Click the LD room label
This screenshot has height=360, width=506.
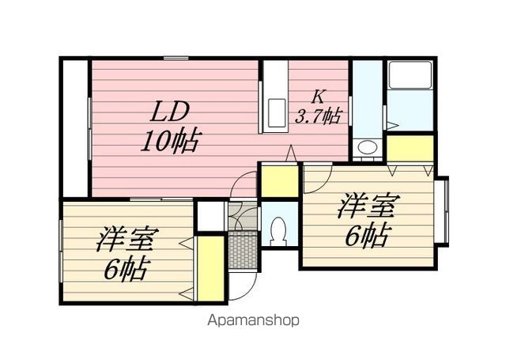tap(169, 112)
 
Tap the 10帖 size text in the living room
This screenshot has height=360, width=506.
tap(169, 142)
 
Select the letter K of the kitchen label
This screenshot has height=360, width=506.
tap(317, 97)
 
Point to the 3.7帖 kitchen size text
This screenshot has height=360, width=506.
tap(318, 116)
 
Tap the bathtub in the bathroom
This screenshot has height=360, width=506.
tap(410, 75)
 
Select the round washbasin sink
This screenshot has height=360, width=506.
tap(368, 147)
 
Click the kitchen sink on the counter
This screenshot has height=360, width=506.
tap(277, 113)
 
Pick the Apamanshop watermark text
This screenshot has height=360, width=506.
tap(253, 320)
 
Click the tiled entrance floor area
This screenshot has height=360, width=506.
tap(244, 249)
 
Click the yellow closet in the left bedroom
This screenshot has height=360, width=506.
tap(210, 268)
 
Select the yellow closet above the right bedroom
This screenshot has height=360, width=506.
tap(410, 148)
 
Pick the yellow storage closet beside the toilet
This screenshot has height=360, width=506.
tap(279, 181)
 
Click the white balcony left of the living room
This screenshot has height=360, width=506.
tap(75, 128)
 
